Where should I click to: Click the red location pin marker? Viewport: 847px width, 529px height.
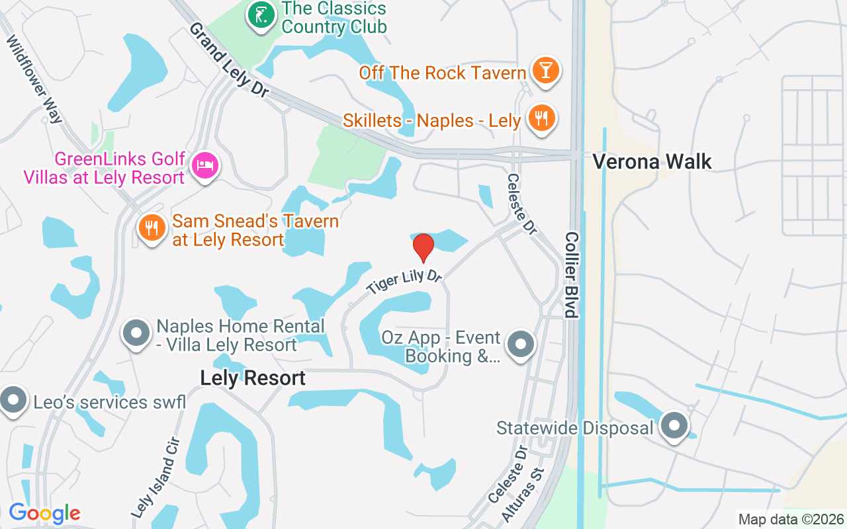click(423, 247)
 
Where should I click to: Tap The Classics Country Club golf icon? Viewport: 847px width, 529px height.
click(261, 15)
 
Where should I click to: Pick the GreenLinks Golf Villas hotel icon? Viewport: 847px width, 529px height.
click(205, 165)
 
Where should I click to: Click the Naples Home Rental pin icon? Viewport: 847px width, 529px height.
click(137, 334)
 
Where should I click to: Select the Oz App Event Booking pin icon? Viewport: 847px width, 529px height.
click(521, 345)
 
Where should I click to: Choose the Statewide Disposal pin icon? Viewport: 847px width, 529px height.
click(674, 426)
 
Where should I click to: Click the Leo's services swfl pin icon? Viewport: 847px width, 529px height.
click(12, 401)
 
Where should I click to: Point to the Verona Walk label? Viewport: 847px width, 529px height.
click(652, 161)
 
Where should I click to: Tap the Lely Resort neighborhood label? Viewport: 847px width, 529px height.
click(253, 378)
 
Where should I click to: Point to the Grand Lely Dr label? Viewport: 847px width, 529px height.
click(228, 60)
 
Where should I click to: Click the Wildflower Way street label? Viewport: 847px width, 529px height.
click(34, 79)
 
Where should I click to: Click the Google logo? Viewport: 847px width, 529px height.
click(44, 513)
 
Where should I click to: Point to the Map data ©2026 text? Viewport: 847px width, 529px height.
click(791, 519)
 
